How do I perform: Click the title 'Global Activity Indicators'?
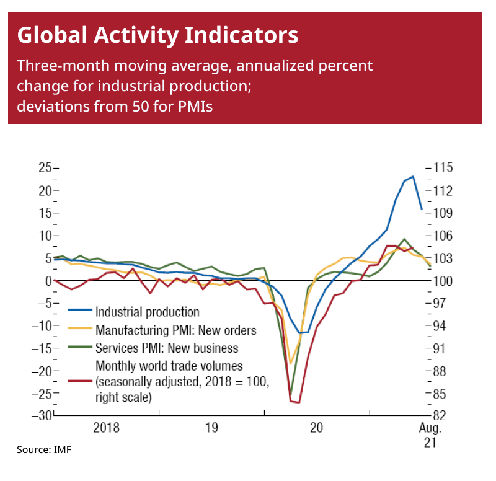(x=157, y=35)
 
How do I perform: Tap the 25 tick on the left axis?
(x=44, y=167)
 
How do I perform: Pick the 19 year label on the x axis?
(x=211, y=428)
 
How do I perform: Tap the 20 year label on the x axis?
(x=316, y=428)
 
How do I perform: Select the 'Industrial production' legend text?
(x=147, y=312)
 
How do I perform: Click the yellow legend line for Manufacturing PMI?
(x=79, y=330)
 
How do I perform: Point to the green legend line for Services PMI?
(x=79, y=348)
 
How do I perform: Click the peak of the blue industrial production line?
(x=413, y=177)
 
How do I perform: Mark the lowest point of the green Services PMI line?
(x=290, y=394)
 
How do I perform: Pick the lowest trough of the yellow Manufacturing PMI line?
(x=290, y=363)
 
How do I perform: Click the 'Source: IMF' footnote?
(x=44, y=449)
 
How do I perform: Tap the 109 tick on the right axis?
(x=445, y=213)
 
